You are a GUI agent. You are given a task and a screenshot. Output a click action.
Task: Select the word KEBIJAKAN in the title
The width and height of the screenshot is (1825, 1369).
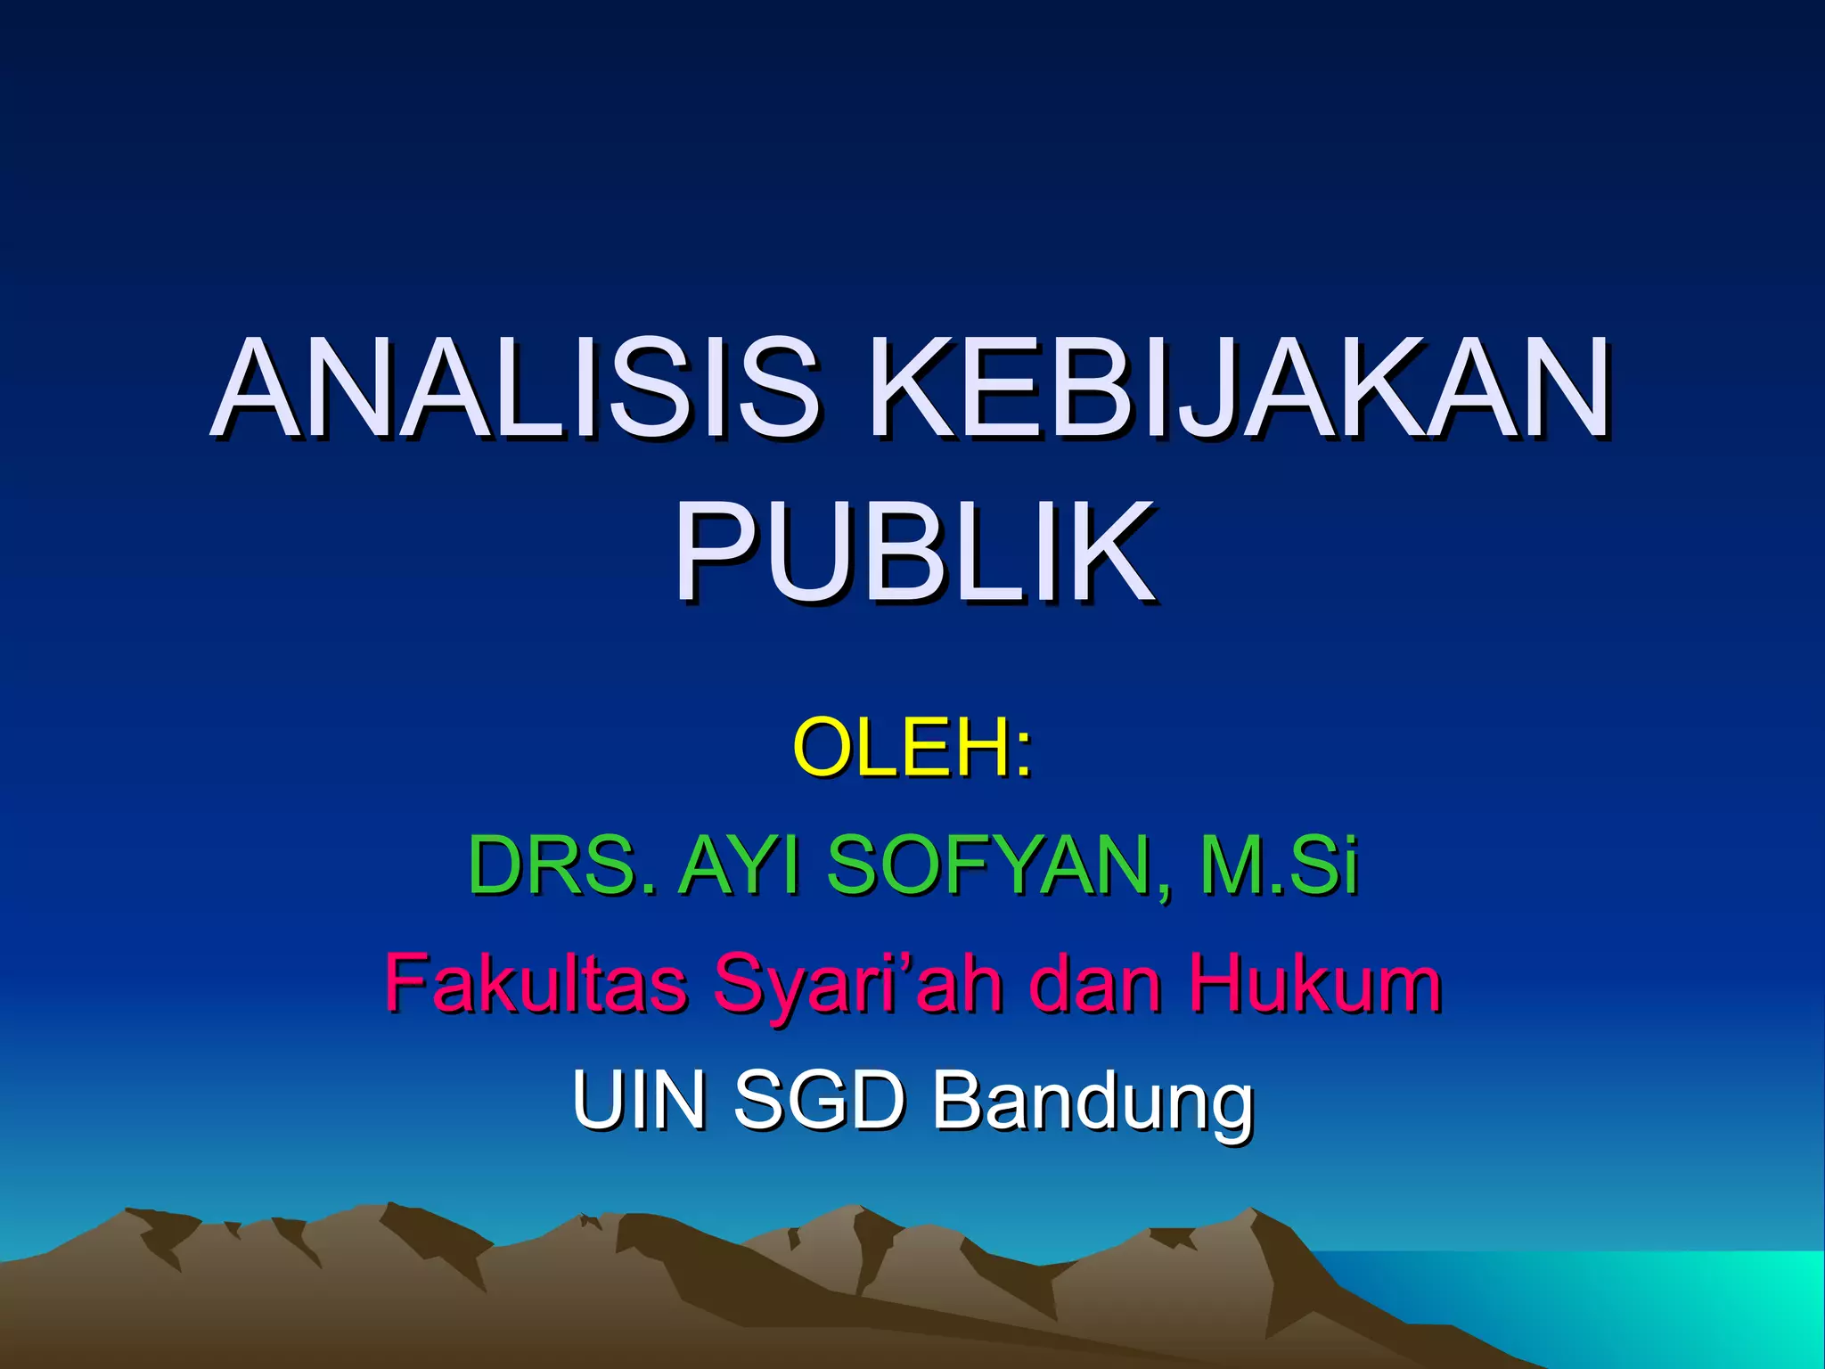(x=1239, y=389)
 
